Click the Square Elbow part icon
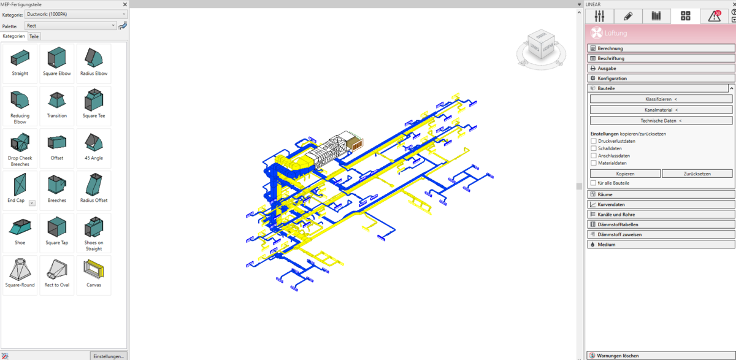[56, 58]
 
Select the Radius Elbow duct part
[94, 58]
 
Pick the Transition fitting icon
[57, 100]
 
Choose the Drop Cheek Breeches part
[20, 142]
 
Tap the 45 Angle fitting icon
[94, 142]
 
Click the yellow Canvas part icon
[94, 269]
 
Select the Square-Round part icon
[20, 269]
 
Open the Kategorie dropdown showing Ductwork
[76, 15]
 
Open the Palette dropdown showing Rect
[71, 26]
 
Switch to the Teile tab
[34, 36]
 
